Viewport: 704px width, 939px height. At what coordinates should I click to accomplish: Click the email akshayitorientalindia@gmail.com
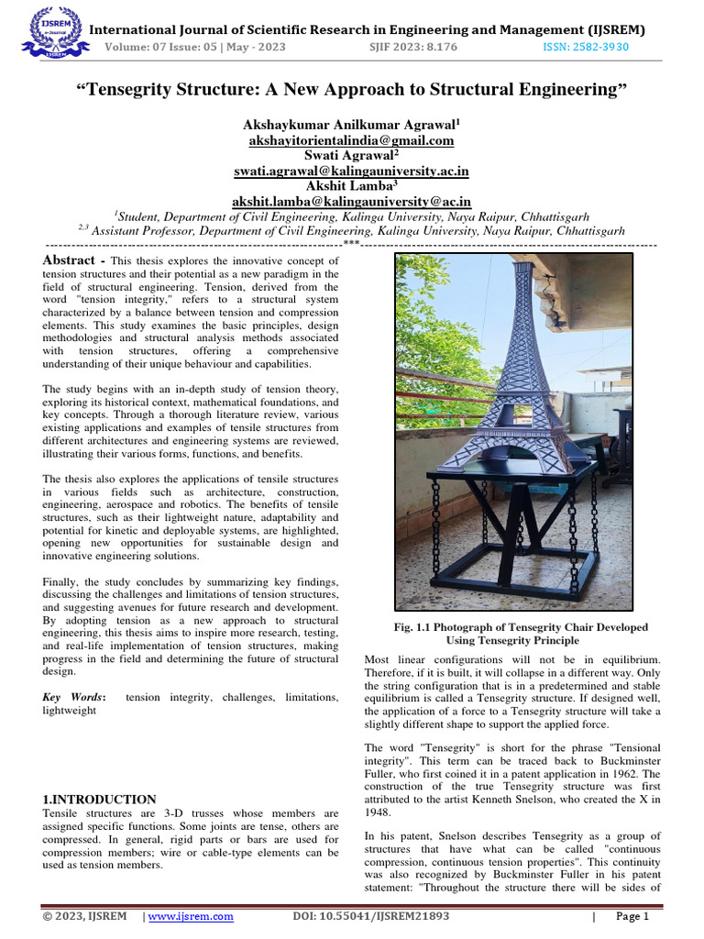[351, 140]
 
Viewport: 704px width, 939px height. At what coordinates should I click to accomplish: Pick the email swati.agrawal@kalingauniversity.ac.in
[351, 171]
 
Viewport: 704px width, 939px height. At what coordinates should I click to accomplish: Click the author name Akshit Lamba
[351, 185]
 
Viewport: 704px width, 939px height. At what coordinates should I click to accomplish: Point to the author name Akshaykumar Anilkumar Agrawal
[351, 125]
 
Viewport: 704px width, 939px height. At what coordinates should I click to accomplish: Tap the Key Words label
[74, 698]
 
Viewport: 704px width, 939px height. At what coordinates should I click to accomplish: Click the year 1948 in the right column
[381, 812]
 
